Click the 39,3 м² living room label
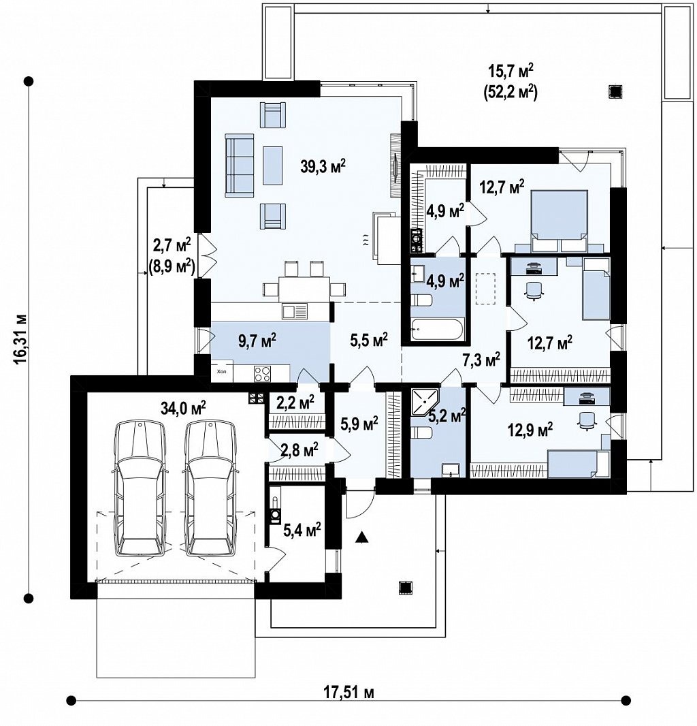click(x=323, y=165)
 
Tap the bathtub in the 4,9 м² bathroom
click(x=437, y=330)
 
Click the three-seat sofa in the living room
click(x=240, y=165)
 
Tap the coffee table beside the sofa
click(x=273, y=165)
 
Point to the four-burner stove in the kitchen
click(x=262, y=374)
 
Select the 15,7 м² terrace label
click(x=511, y=72)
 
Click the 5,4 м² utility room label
click(x=302, y=530)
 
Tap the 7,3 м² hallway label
click(x=481, y=360)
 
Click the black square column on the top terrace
click(x=615, y=92)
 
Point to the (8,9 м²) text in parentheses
click(x=172, y=266)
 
